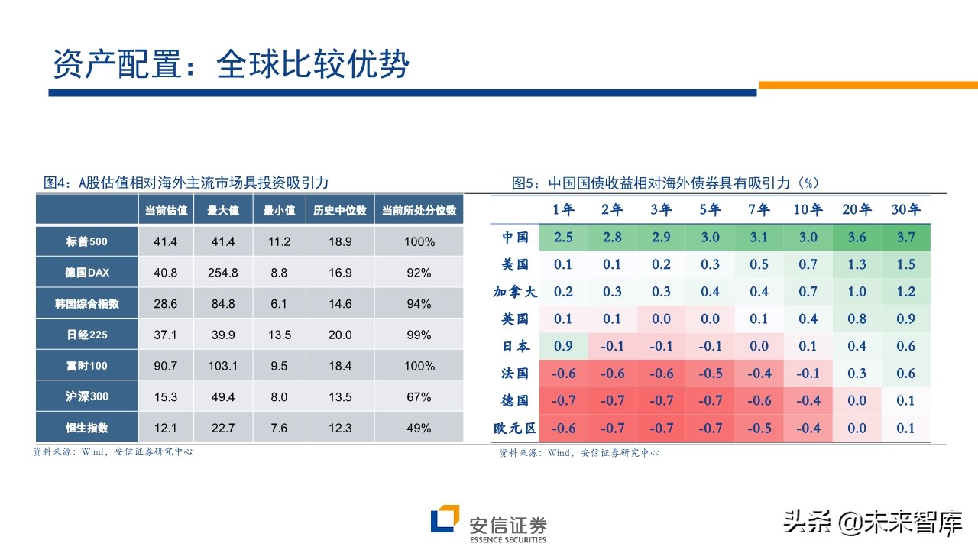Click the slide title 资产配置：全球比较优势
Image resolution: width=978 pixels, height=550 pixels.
coord(231,64)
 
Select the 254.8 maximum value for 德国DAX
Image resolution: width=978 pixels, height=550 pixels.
coord(222,273)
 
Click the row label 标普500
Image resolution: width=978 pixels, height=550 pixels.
coord(86,242)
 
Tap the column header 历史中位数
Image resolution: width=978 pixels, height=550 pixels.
coord(340,210)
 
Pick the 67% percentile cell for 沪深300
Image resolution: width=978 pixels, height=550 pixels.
coord(419,397)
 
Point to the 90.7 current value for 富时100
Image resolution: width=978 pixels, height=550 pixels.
coord(165,366)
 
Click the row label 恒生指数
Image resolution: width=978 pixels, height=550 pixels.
coord(86,428)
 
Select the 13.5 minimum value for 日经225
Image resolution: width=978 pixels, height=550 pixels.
coord(280,335)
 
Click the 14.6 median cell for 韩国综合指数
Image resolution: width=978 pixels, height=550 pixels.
coord(340,304)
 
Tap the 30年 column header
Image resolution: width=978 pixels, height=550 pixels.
coord(905,209)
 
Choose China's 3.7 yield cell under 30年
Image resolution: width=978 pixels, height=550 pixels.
coord(905,237)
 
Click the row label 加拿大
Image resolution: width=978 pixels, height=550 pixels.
coord(515,292)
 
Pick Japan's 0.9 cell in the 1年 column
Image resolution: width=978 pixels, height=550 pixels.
coord(563,346)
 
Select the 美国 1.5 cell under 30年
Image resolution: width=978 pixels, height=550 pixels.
coord(905,264)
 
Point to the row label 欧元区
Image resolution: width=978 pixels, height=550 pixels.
coord(515,429)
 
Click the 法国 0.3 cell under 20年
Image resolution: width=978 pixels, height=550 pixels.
coord(857,374)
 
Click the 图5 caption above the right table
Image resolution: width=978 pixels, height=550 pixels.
coord(665,183)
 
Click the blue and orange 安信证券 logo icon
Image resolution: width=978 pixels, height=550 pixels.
coord(445,519)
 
